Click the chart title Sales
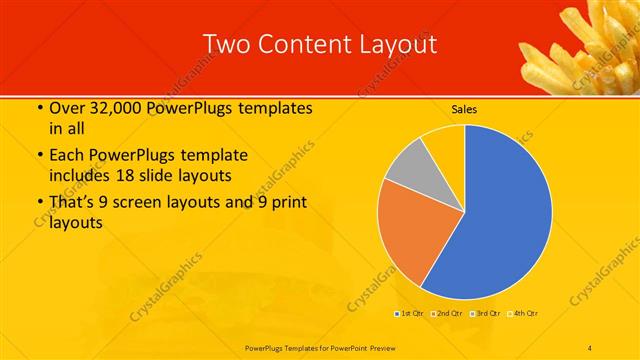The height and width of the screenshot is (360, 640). click(463, 109)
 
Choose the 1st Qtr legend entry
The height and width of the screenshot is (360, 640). click(409, 314)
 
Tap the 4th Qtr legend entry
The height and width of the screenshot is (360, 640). click(526, 314)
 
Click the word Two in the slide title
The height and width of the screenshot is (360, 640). click(225, 44)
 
